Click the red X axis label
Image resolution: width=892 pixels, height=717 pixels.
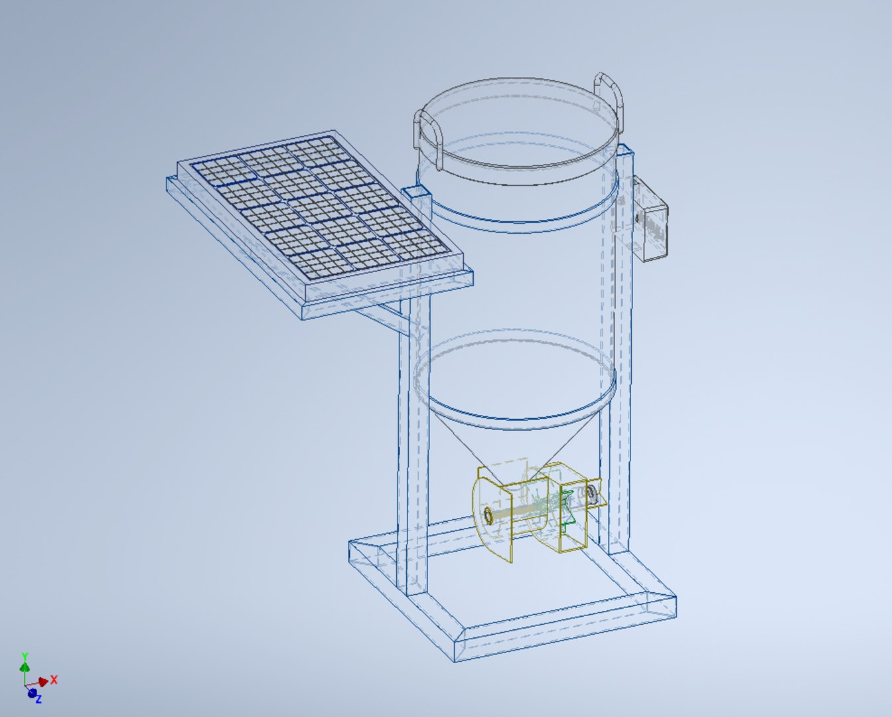(x=54, y=679)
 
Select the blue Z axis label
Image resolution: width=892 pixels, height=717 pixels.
(x=38, y=699)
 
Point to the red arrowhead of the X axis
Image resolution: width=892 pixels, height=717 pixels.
(x=44, y=682)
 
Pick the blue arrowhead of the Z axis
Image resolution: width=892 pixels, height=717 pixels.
(x=31, y=692)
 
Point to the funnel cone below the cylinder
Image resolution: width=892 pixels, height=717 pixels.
(x=518, y=438)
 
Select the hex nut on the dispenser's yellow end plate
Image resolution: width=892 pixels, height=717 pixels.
(x=488, y=516)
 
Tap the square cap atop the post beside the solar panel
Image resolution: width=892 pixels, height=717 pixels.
(x=417, y=193)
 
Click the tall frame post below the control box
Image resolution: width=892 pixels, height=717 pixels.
(x=621, y=398)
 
